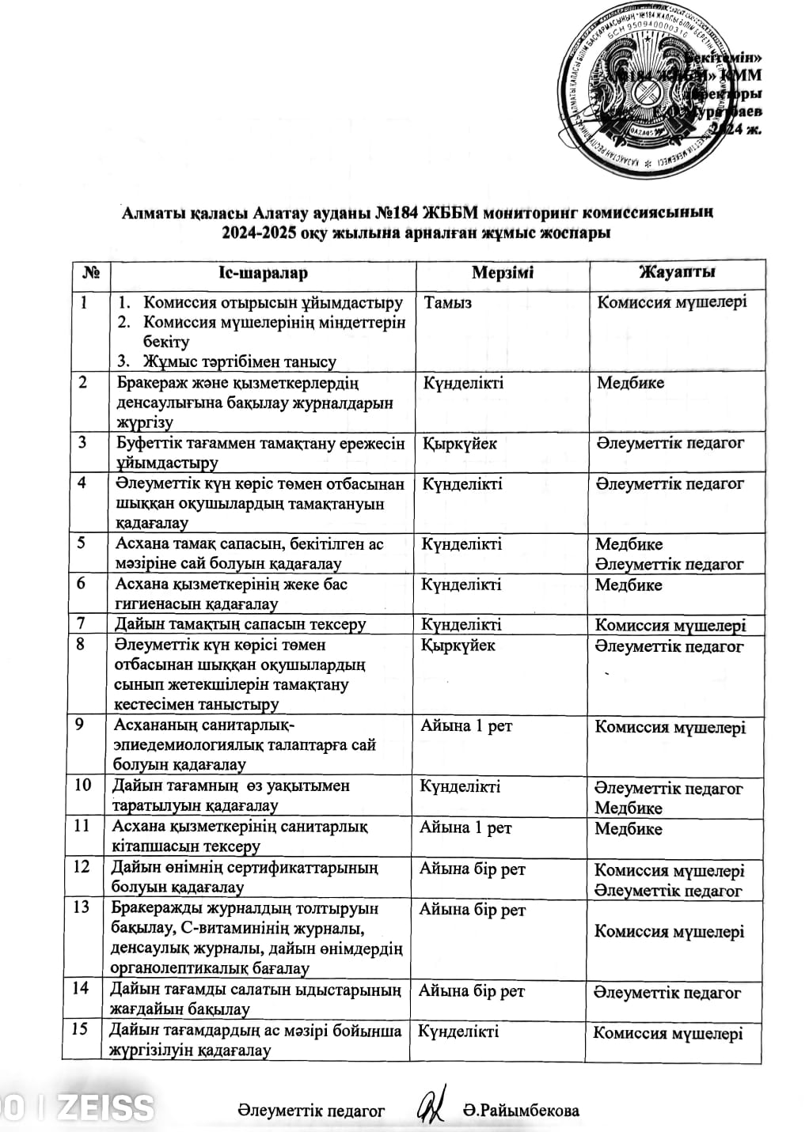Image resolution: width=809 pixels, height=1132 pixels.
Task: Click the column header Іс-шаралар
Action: (263, 273)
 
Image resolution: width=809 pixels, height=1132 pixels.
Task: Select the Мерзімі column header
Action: (503, 273)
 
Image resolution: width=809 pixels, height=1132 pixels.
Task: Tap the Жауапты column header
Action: (677, 273)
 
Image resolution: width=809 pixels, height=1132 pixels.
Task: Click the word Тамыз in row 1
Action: (448, 303)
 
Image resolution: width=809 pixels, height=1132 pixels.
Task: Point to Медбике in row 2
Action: (630, 383)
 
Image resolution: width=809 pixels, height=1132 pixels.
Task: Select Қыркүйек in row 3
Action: (460, 443)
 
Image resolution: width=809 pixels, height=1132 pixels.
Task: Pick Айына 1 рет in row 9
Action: (466, 726)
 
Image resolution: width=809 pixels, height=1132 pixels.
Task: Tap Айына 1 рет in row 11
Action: (465, 827)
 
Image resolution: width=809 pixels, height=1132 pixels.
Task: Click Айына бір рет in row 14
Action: (471, 991)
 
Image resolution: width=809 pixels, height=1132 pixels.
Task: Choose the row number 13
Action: (82, 907)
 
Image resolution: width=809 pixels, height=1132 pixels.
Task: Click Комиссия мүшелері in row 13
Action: (669, 932)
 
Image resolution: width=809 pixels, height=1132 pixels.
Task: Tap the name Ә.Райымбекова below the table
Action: (521, 1111)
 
